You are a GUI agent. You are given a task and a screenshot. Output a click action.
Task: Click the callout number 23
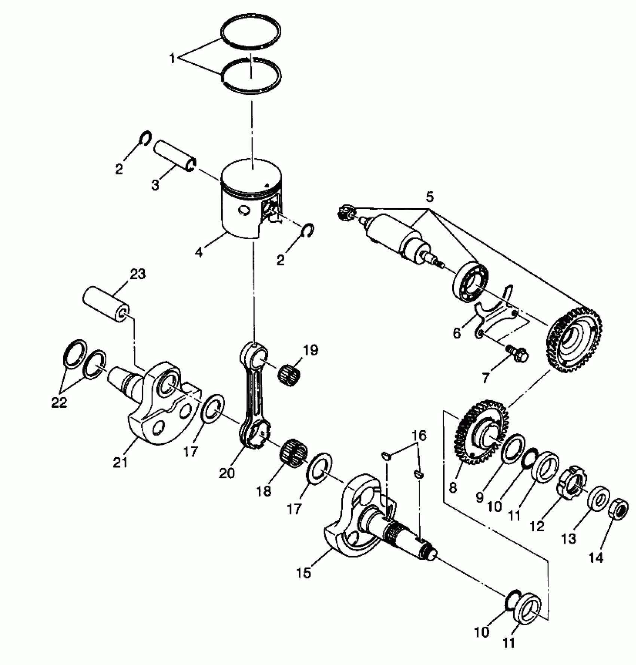[x=137, y=274]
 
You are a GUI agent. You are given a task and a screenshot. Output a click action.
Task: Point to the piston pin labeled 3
[x=175, y=155]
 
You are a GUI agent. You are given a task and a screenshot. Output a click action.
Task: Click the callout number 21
[x=120, y=463]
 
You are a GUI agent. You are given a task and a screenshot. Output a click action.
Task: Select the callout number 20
[x=227, y=474]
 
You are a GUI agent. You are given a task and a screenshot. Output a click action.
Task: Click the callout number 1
[x=172, y=59]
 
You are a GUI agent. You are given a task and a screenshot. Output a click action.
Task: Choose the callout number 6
[x=457, y=332]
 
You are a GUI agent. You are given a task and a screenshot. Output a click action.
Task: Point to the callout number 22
[x=59, y=403]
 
